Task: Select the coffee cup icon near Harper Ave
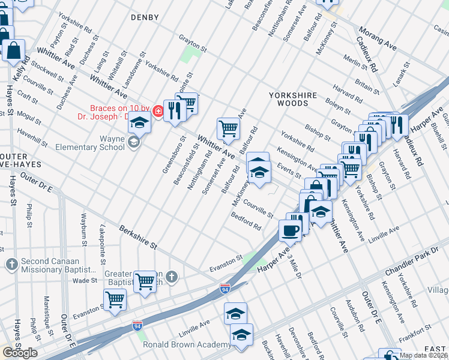pos(291,231)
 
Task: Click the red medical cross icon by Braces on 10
pos(157,111)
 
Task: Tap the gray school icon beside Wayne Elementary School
pos(133,142)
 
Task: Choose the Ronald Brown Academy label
pos(187,344)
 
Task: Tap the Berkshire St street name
pos(137,238)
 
